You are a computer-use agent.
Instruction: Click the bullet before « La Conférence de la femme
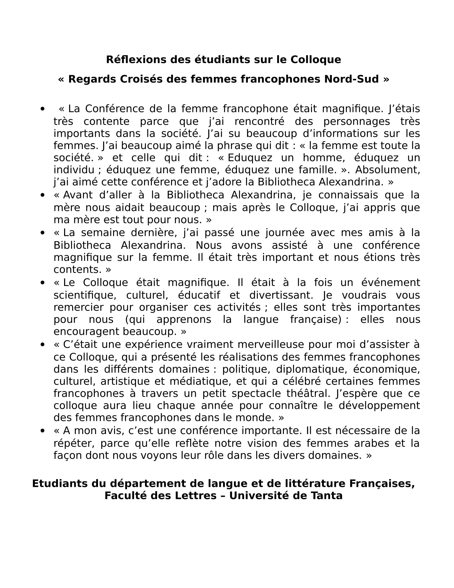(42, 109)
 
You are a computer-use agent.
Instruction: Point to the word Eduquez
(250, 157)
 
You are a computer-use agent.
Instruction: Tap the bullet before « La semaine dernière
(42, 233)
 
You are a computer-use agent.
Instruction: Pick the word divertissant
(281, 295)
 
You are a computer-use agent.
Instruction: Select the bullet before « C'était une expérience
(42, 345)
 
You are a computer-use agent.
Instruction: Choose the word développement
(379, 405)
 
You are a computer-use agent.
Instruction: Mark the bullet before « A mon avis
(42, 431)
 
